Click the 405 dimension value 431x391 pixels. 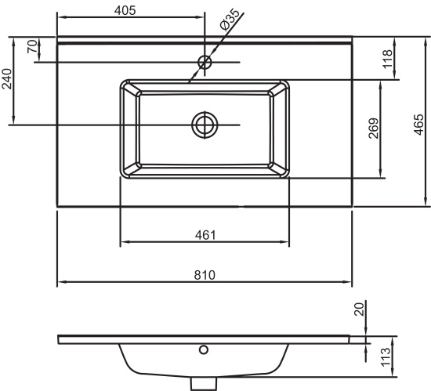(x=125, y=10)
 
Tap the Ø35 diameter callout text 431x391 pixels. (x=230, y=20)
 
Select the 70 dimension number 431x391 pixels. (x=32, y=46)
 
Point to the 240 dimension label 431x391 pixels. (x=6, y=79)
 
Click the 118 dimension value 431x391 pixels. (x=387, y=59)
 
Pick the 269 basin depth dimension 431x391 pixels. (x=374, y=129)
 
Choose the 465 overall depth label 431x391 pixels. (x=419, y=125)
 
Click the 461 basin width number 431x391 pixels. (x=205, y=235)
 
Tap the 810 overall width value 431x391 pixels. (x=205, y=275)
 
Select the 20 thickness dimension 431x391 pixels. (x=359, y=310)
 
